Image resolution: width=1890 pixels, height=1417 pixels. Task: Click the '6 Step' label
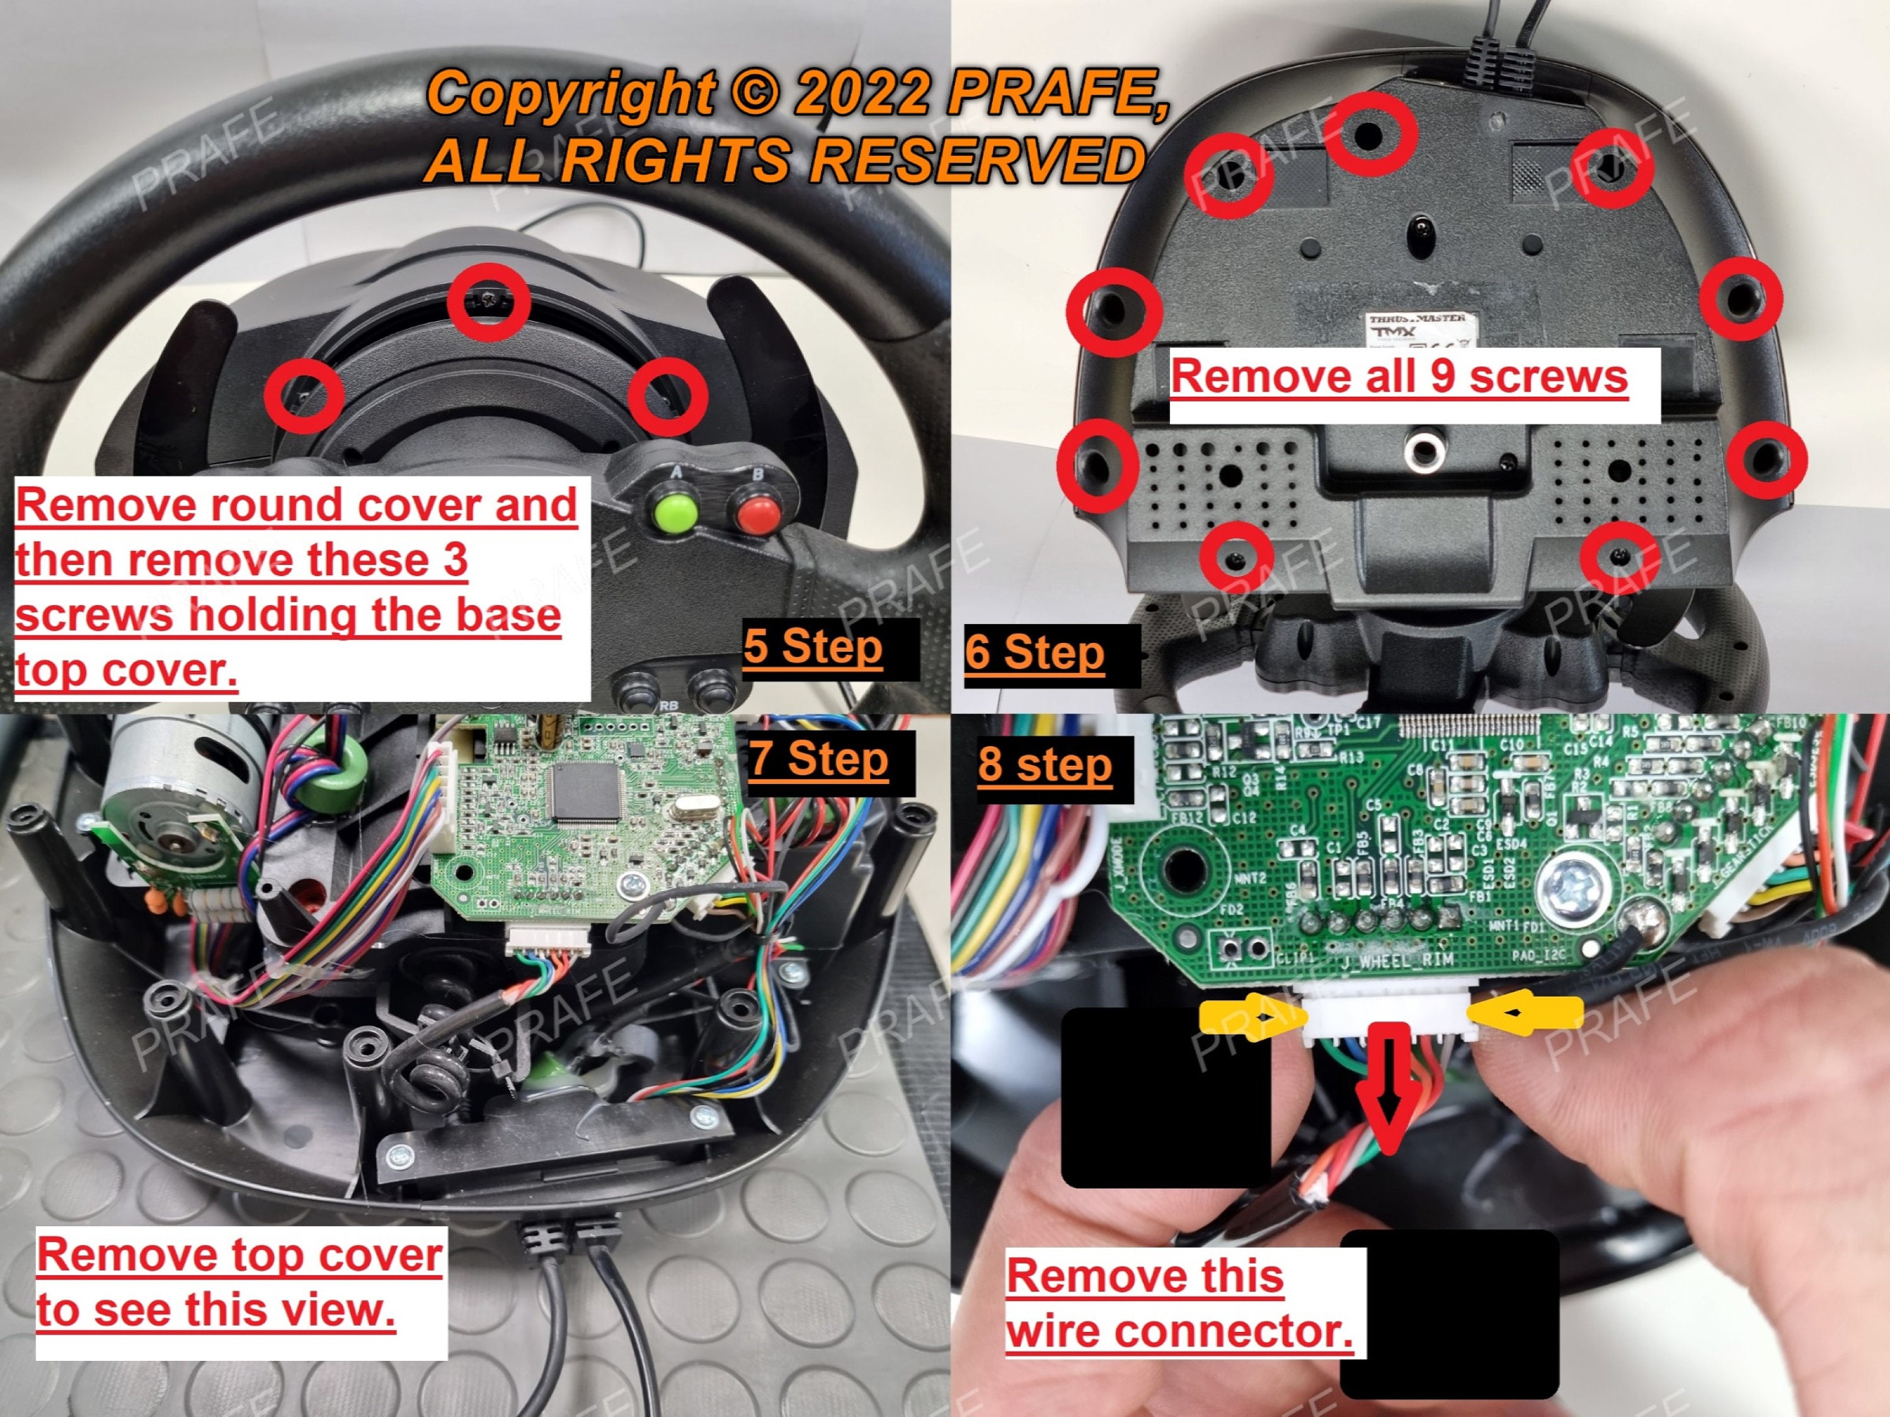[x=1034, y=654]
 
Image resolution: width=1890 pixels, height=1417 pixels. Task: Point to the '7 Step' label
[x=818, y=760]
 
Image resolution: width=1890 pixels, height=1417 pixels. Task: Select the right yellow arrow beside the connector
[x=1523, y=1014]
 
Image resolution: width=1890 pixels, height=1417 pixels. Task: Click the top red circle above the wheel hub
[x=489, y=302]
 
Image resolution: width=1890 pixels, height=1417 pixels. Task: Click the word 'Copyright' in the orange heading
[x=571, y=93]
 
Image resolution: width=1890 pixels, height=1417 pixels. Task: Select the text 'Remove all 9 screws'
[x=1399, y=377]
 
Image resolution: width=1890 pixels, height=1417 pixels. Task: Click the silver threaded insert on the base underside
[x=1423, y=449]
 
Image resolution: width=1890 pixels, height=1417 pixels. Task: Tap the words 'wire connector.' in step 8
[x=1179, y=1331]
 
